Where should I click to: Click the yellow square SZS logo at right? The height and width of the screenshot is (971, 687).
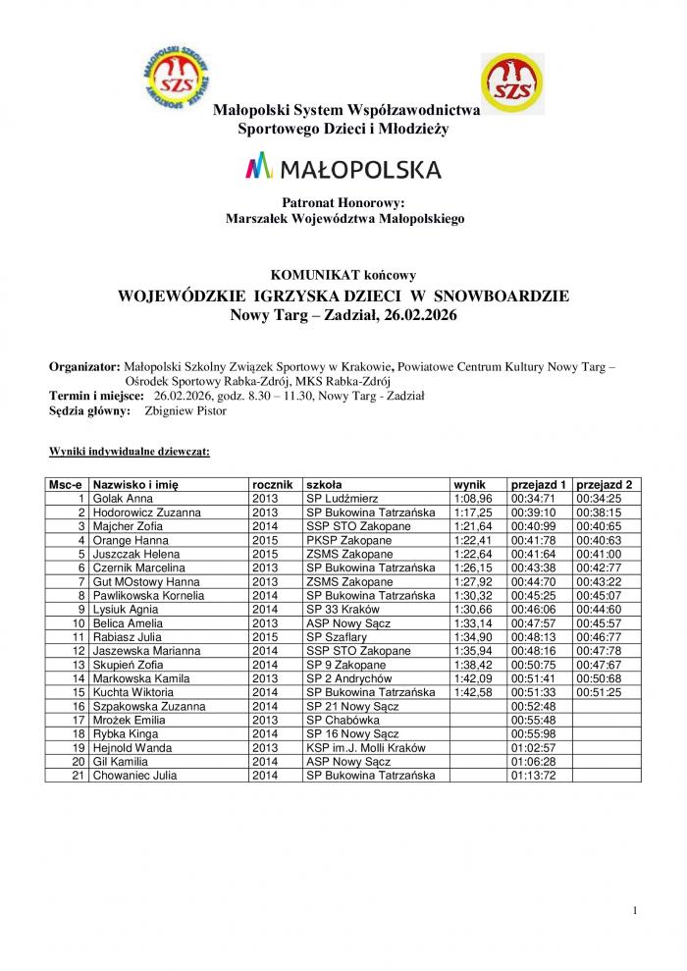(512, 84)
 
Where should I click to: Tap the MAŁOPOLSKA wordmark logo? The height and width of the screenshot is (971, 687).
(343, 169)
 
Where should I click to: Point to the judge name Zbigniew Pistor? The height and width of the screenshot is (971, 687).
(185, 411)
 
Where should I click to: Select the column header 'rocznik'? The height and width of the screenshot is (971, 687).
(273, 485)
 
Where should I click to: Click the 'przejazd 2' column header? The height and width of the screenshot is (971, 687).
(604, 485)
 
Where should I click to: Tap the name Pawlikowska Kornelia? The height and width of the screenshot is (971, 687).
(148, 595)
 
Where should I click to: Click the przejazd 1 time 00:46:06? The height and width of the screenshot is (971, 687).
(533, 609)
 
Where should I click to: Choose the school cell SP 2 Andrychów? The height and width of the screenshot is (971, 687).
(348, 678)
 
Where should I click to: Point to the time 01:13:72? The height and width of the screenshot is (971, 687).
(533, 776)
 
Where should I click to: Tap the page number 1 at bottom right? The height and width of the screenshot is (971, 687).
(636, 911)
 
